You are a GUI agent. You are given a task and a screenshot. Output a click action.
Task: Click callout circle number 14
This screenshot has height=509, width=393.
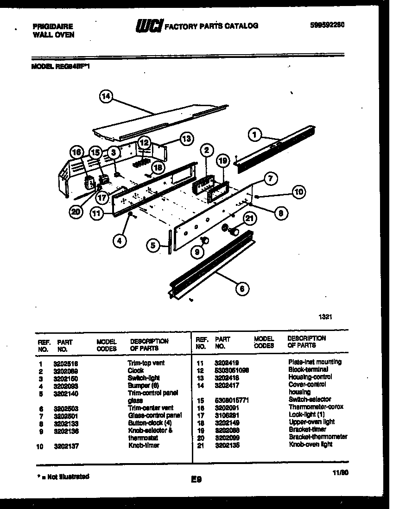pos(106,96)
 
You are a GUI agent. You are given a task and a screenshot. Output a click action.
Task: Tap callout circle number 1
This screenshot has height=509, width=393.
pos(254,134)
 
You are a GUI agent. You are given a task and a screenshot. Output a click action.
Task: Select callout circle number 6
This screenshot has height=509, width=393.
pos(241,289)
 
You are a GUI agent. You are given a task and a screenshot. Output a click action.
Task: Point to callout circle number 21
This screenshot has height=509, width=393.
pos(250,218)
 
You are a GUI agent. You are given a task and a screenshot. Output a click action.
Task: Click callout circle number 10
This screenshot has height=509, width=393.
pos(299,191)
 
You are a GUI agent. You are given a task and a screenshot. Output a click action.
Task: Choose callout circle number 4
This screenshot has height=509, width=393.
pos(119,240)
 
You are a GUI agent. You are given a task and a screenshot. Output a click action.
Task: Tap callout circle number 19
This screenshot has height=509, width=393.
pos(223,160)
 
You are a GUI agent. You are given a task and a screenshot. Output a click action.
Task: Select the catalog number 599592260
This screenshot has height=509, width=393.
pos(327,25)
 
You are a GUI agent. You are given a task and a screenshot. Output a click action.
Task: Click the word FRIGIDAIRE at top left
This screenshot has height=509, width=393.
pos(52,27)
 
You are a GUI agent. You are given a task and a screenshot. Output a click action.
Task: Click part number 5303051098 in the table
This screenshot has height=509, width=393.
pos(232,369)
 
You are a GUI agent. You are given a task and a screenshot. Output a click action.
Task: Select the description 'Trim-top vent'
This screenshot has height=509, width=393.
pos(146,363)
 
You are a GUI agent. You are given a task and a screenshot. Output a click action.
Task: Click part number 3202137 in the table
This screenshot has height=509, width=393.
pos(67,446)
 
